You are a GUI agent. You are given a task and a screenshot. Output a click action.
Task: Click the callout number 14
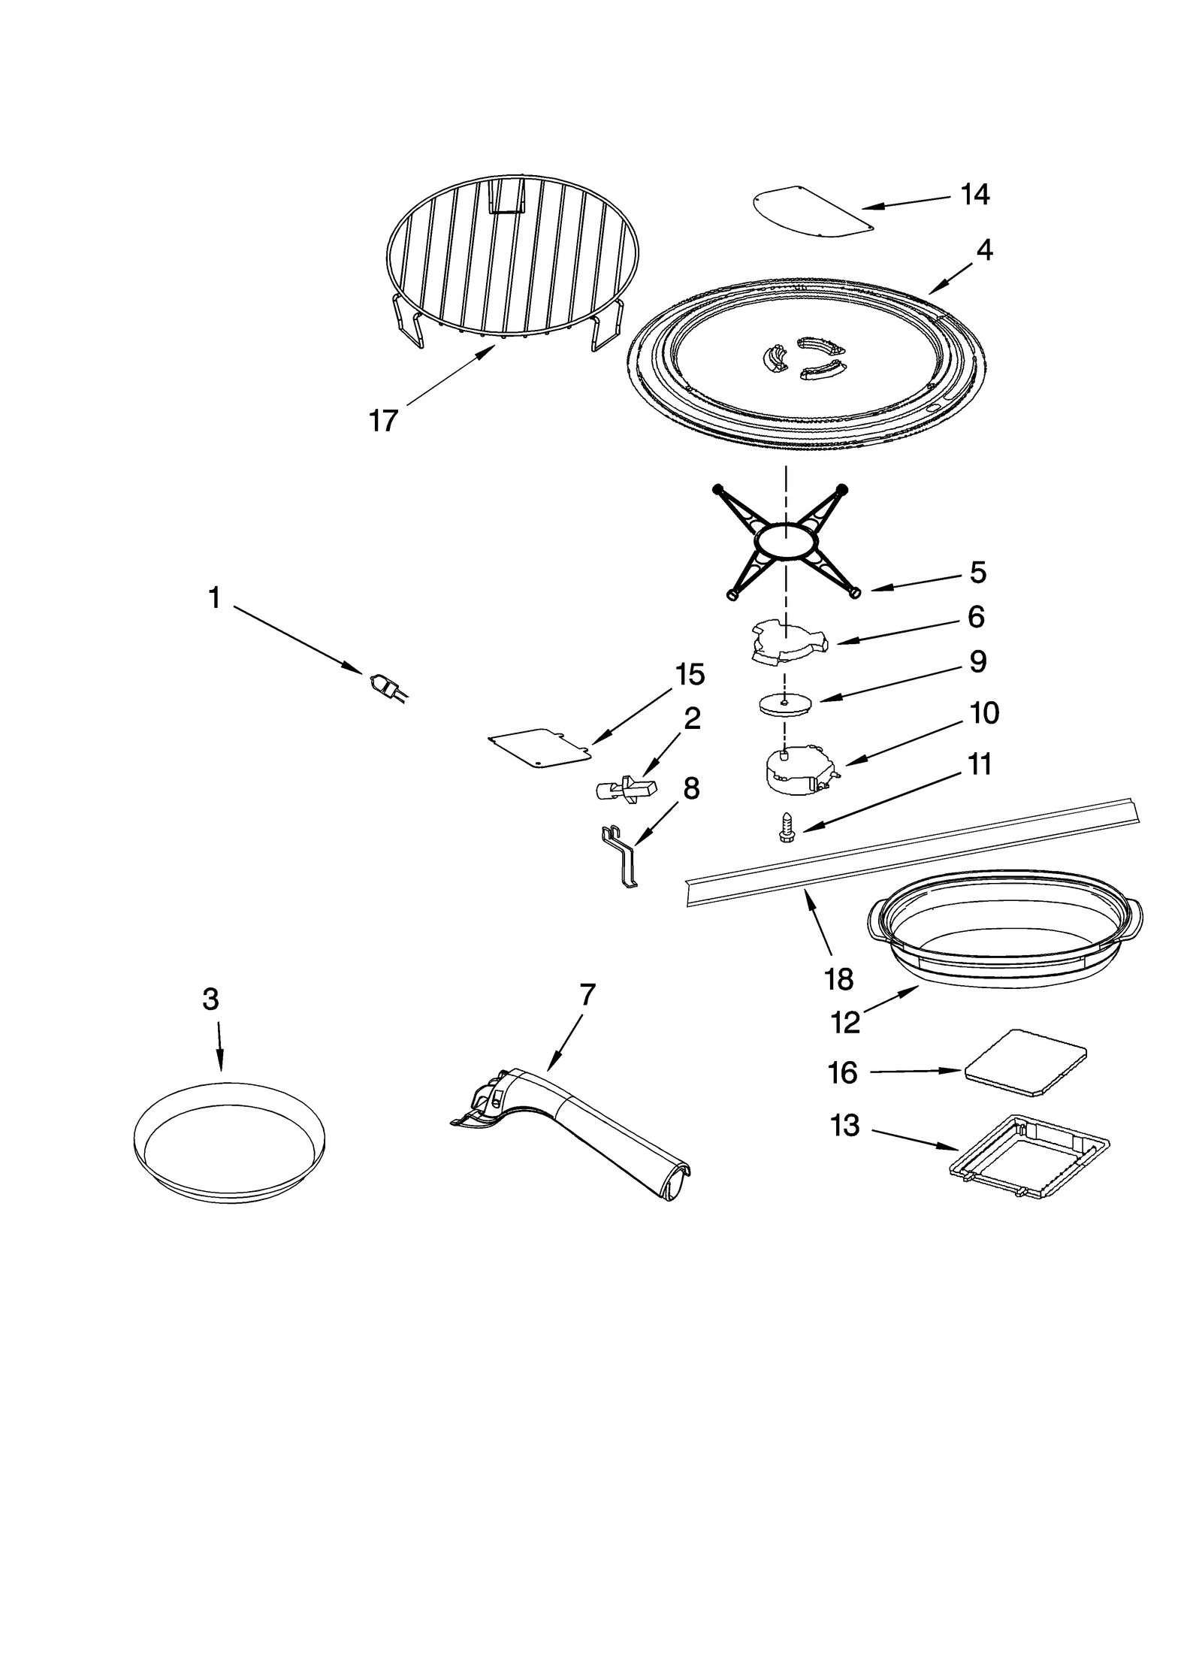click(974, 195)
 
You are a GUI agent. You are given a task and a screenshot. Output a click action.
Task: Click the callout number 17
click(382, 421)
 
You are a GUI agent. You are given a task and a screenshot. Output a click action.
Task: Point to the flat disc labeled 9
click(784, 705)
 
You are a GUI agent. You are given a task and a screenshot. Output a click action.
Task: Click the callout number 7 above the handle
click(587, 995)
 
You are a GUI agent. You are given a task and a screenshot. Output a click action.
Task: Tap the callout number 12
click(845, 1022)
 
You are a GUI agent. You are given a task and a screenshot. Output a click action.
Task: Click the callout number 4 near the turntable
click(984, 250)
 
